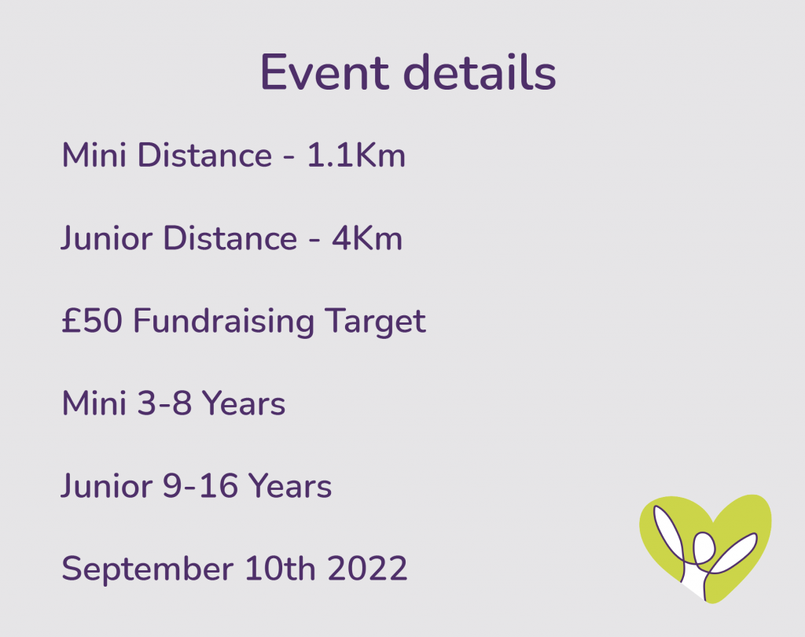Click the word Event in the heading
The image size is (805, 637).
[x=325, y=72]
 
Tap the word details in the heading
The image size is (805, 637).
[x=483, y=72]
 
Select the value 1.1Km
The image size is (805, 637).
[x=356, y=155]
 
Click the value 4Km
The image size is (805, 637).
[x=367, y=238]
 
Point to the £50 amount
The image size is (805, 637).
[x=92, y=321]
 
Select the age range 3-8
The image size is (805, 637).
[x=165, y=403]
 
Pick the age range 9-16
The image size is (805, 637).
[x=200, y=486]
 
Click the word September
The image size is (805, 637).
[x=147, y=569]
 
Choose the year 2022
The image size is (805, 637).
[x=368, y=569]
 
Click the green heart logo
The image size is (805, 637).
[x=705, y=548]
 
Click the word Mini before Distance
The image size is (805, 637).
[x=94, y=155]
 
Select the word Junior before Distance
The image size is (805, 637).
[x=107, y=238]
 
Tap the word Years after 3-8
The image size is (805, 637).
[x=244, y=403]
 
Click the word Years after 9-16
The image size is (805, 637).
[x=290, y=486]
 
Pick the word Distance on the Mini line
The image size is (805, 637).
[x=205, y=155]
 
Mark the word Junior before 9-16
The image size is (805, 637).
[x=107, y=486]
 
